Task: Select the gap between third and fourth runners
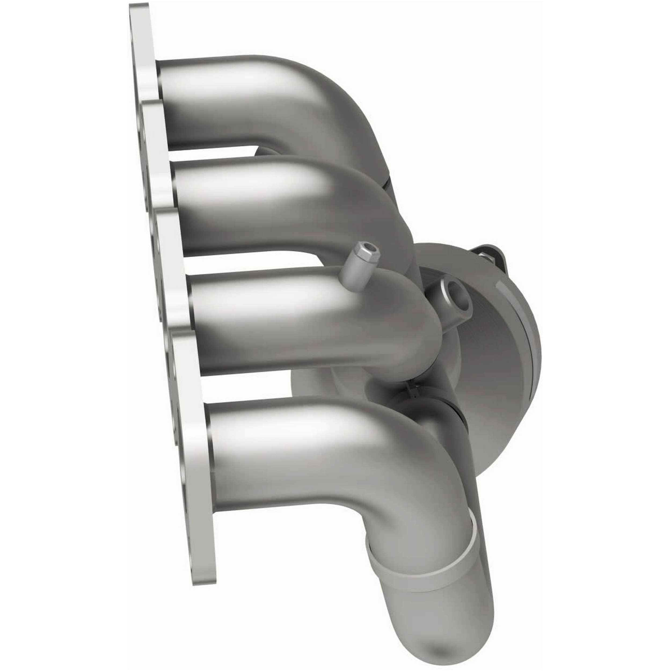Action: [x=250, y=389]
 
